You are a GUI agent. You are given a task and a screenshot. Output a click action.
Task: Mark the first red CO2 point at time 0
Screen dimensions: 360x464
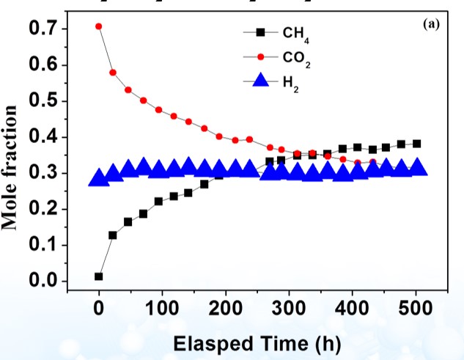point(99,26)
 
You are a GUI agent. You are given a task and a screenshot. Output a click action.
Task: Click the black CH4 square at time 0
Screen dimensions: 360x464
point(99,276)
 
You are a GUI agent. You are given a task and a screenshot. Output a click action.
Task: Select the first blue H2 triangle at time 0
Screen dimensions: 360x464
point(99,177)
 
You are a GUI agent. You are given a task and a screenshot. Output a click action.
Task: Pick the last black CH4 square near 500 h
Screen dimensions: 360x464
point(417,144)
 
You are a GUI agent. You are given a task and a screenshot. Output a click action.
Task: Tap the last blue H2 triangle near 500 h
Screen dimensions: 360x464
point(417,168)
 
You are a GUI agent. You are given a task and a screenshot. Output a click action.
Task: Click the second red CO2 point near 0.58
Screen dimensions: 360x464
point(113,73)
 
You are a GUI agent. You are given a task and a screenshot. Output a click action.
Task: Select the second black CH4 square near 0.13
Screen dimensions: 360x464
point(113,235)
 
